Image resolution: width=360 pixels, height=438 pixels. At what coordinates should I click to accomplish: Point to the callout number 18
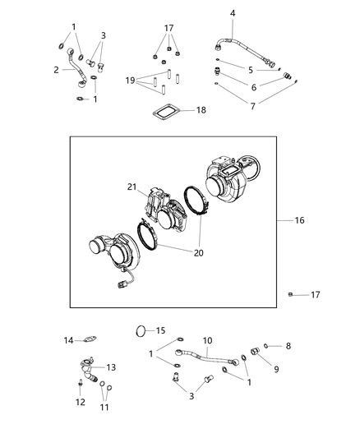click(233, 12)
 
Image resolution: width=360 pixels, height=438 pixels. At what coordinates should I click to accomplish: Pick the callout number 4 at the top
click(233, 12)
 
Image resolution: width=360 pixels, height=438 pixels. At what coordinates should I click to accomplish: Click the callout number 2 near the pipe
click(56, 70)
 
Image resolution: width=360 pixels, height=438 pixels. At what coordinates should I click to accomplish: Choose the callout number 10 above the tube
click(208, 339)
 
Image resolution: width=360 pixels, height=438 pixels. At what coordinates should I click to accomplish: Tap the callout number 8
click(288, 346)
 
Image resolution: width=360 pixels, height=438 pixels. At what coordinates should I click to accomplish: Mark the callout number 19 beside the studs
click(130, 81)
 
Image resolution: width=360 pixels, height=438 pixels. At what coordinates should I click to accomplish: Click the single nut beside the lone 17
click(291, 293)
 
